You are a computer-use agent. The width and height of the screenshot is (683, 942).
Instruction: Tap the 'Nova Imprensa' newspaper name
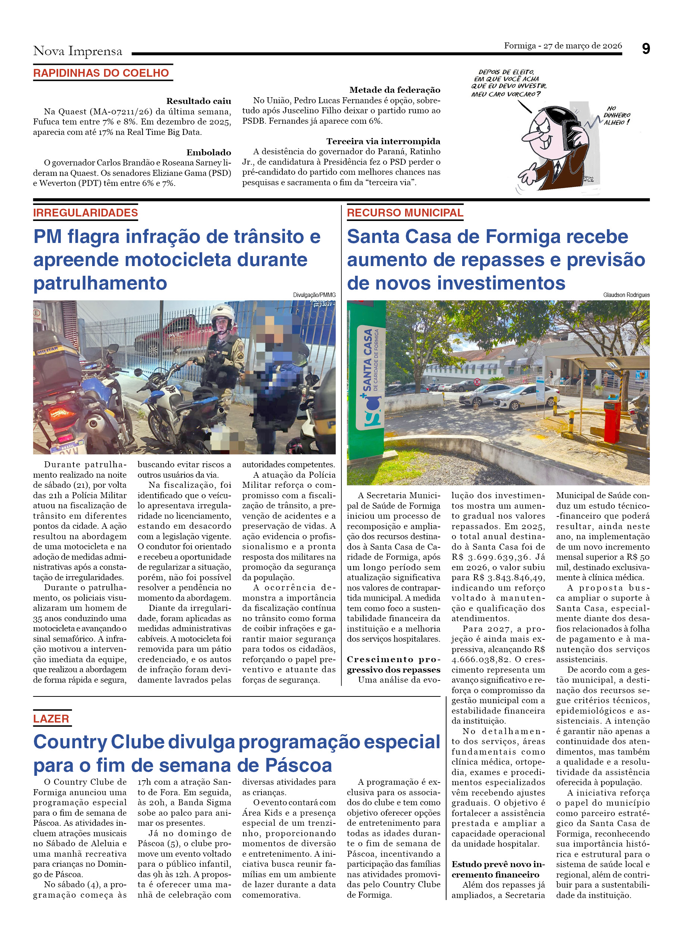coord(78,51)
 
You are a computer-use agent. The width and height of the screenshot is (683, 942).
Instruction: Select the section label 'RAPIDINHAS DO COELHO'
coord(101,73)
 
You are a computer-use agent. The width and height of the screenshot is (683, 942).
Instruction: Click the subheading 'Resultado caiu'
coord(198,101)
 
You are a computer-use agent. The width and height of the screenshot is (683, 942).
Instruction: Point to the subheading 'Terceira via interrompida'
coord(383,141)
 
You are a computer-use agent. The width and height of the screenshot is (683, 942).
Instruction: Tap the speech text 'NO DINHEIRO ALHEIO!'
coord(617,115)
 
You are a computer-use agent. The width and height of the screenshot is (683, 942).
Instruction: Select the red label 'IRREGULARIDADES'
coord(85,213)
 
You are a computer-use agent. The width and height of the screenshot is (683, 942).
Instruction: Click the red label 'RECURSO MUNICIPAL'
coord(404,213)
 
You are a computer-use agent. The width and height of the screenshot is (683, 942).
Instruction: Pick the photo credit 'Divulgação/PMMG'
coord(314,295)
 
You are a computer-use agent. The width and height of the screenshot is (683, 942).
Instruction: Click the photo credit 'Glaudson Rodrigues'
coord(626,295)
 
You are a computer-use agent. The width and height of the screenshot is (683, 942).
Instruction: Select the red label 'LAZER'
coord(51,719)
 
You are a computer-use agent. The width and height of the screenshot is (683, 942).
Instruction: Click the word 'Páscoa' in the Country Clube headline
coord(298,765)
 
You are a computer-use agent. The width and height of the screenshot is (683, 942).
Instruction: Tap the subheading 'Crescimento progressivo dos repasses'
coord(393,664)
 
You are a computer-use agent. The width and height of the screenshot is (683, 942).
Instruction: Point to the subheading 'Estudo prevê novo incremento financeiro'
coord(498,869)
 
